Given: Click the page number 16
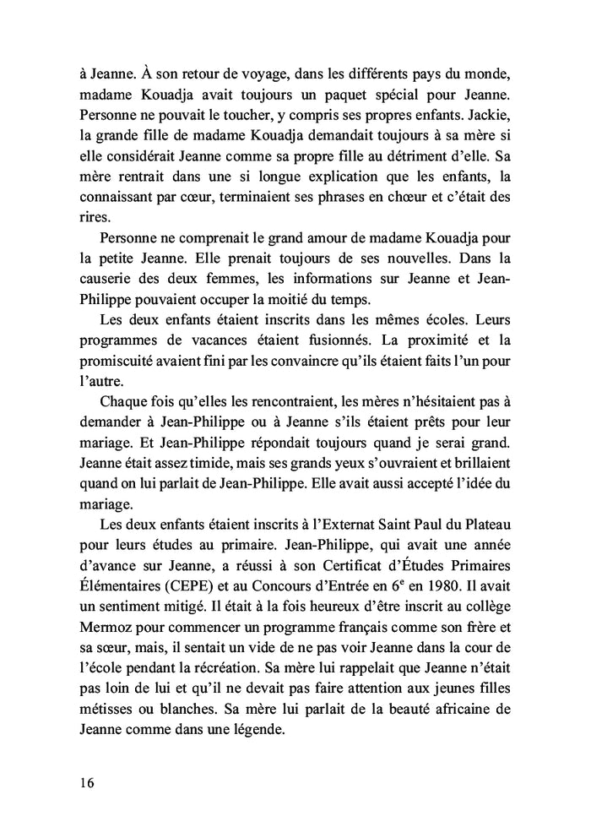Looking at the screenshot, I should tap(82, 781).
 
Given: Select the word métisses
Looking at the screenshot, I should tap(105, 710).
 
